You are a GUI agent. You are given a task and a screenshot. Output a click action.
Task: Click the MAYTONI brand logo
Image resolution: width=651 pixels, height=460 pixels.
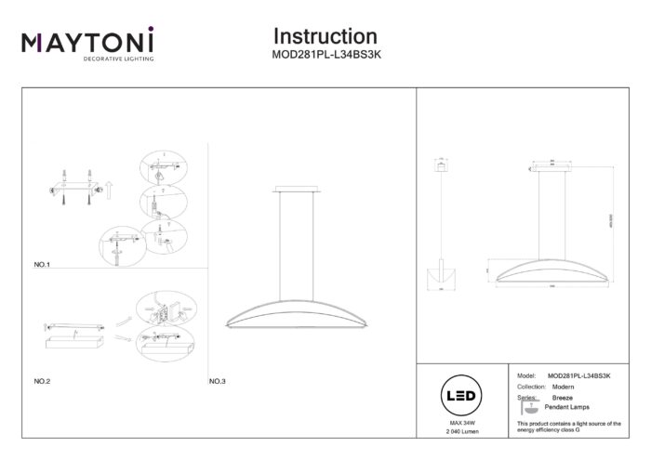point(87,43)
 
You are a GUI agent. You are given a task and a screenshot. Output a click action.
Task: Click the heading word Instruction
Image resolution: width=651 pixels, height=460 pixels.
point(325,36)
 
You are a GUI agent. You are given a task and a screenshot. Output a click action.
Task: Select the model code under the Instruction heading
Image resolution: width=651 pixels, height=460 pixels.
point(325,55)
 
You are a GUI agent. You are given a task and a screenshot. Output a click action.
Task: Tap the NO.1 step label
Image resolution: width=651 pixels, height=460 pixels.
point(41,265)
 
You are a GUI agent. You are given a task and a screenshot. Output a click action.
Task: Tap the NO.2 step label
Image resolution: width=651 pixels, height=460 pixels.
point(41,381)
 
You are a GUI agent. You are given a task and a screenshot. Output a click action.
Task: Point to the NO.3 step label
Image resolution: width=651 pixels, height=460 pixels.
point(218,381)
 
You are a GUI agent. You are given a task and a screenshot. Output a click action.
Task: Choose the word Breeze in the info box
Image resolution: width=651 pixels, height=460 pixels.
point(563,397)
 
